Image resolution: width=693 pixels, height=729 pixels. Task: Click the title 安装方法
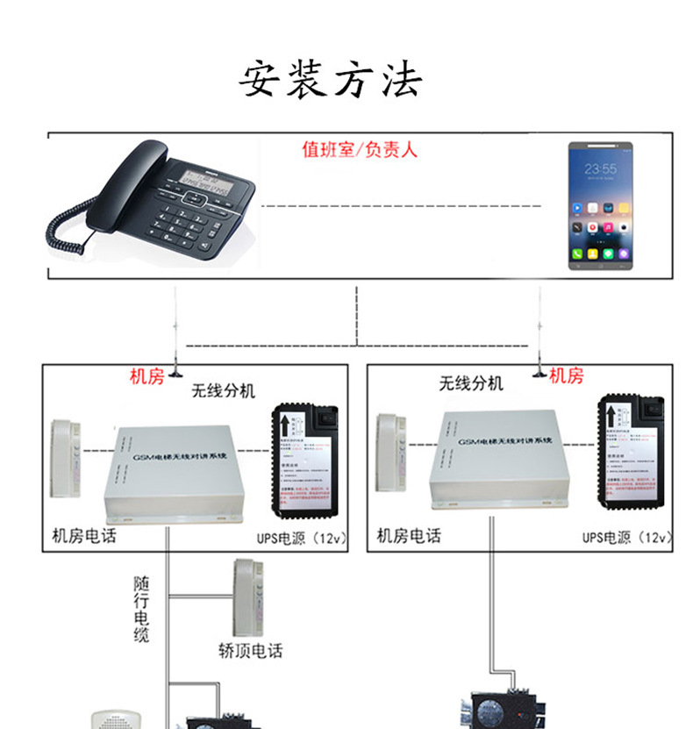[331, 81]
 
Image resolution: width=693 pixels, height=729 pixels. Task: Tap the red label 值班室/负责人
[360, 150]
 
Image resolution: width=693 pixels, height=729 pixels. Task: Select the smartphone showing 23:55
[600, 205]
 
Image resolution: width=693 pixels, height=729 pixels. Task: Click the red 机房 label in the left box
[146, 377]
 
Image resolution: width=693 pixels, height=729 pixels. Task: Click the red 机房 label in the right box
[567, 377]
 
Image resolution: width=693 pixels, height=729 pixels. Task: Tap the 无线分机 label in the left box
[223, 390]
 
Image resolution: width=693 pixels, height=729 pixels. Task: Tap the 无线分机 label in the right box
[471, 383]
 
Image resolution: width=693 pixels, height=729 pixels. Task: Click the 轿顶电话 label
[251, 650]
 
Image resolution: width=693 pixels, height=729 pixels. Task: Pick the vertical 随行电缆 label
[141, 609]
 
